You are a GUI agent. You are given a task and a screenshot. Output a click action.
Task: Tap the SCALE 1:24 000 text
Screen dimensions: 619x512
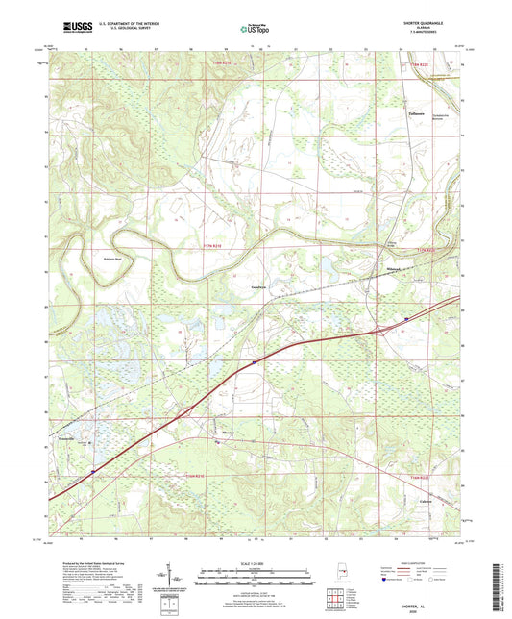pos(255,563)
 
